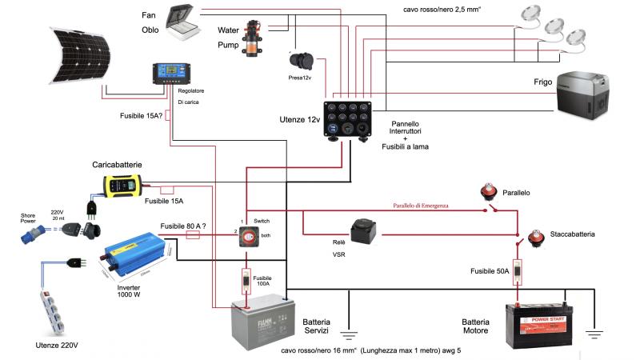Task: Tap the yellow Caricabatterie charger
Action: pos(122,186)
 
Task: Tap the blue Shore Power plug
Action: pos(28,228)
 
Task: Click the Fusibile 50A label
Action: pos(490,270)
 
